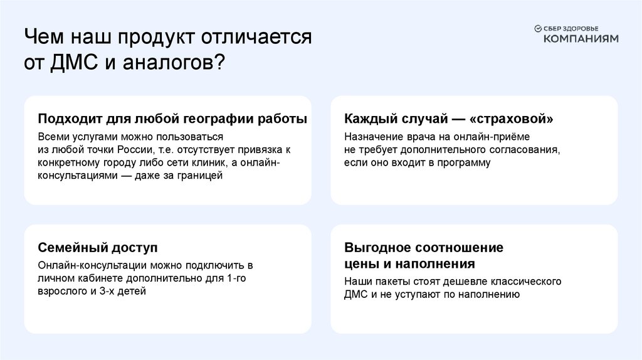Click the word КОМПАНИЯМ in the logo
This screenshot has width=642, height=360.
click(580, 38)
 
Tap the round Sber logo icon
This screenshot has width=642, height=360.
click(537, 28)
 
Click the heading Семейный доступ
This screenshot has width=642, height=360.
click(97, 247)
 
